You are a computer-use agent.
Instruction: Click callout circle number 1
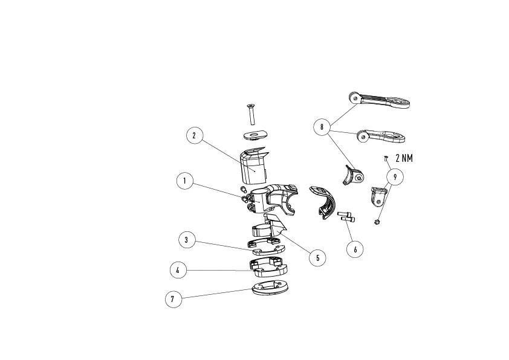(x=185, y=181)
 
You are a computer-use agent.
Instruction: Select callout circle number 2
(x=195, y=135)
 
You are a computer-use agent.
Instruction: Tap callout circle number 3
(x=187, y=240)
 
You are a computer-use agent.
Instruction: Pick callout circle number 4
(x=178, y=270)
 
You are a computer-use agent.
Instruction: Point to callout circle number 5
(x=317, y=258)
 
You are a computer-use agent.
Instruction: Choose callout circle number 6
(x=355, y=249)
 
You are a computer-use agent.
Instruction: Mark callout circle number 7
(x=173, y=299)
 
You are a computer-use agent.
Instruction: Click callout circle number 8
(x=322, y=127)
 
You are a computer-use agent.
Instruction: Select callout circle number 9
(x=395, y=177)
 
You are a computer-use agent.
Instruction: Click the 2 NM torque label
(x=404, y=158)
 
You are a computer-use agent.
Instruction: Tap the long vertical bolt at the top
(x=251, y=114)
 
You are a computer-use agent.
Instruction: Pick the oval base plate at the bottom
(x=270, y=288)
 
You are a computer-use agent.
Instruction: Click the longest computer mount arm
(x=379, y=100)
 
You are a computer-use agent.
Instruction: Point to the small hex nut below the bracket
(x=377, y=222)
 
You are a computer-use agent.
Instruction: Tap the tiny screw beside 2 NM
(x=386, y=158)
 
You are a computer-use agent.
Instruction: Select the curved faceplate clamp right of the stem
(x=323, y=202)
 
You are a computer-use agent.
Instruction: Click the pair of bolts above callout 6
(x=346, y=217)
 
